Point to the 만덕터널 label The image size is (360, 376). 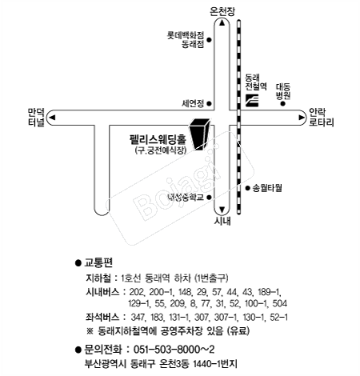[35, 118]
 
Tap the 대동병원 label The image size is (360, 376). [282, 90]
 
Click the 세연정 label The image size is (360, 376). [194, 103]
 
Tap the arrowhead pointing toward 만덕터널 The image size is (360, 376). [53, 118]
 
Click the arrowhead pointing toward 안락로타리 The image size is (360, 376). [301, 118]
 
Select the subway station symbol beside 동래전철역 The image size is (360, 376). [253, 101]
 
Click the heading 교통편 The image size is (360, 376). [99, 262]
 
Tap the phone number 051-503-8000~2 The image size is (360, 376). [174, 348]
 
